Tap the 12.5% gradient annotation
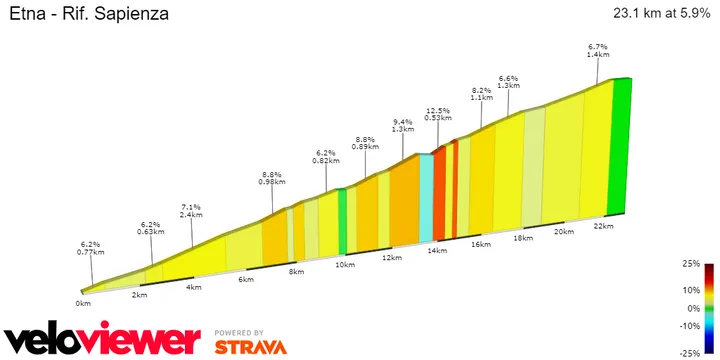437,115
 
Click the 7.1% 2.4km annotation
191,209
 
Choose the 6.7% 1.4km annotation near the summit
598,52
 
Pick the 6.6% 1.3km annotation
508,82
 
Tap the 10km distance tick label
345,265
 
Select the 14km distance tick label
436,250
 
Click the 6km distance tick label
246,280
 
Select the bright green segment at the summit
621,145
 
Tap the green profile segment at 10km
342,220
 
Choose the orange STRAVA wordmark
250,347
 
